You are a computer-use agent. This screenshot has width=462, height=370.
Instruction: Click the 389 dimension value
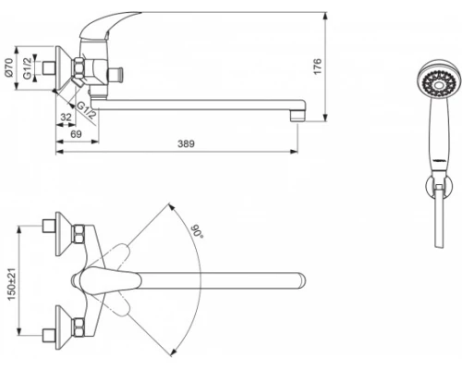click(186, 143)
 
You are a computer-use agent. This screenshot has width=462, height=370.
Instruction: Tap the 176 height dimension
click(317, 66)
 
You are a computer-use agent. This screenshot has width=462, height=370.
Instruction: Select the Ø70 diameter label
click(8, 68)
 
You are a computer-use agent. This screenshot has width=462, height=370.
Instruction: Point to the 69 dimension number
click(76, 134)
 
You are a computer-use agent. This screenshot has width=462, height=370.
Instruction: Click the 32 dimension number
click(66, 117)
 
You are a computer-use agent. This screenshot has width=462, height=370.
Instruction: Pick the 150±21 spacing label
click(11, 284)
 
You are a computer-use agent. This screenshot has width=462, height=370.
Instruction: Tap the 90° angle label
click(198, 231)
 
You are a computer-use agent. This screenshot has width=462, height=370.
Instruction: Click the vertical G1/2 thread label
click(28, 68)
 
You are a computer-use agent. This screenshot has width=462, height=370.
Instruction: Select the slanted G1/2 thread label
click(87, 110)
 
